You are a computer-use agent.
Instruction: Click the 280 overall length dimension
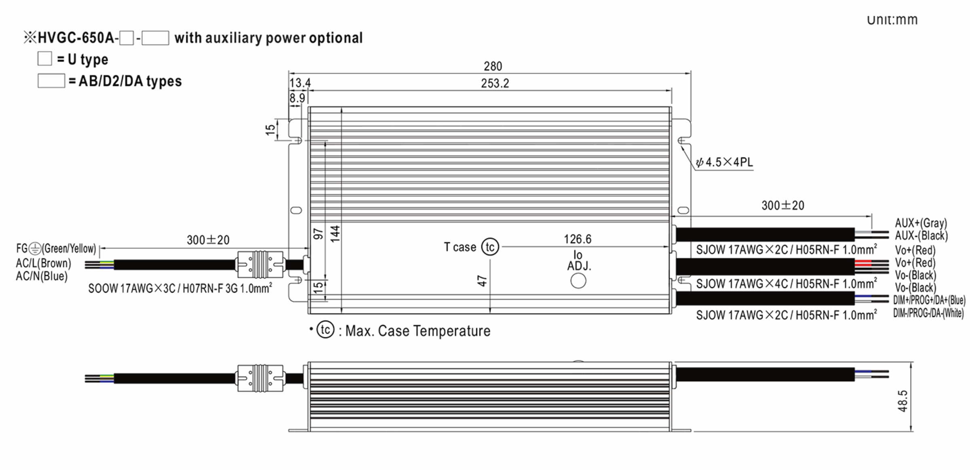[x=493, y=66]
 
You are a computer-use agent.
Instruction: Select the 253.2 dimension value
[x=495, y=83]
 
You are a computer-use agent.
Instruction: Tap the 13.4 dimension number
[x=300, y=83]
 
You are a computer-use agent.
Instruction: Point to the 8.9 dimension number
[x=297, y=98]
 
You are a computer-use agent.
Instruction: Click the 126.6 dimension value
[x=577, y=239]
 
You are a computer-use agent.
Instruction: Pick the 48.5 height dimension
[x=902, y=401]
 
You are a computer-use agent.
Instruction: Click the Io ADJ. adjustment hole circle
[x=578, y=281]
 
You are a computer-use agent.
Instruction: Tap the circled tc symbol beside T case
[x=490, y=247]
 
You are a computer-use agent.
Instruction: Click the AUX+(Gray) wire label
[x=920, y=223]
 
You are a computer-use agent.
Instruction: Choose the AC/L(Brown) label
[x=43, y=263]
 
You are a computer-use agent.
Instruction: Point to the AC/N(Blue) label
[x=42, y=276]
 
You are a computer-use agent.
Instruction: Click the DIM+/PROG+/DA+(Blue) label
[x=929, y=301]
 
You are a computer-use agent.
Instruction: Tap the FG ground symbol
[x=35, y=248]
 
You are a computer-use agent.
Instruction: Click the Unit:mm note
[x=892, y=19]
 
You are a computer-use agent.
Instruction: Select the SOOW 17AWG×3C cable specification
[x=180, y=288]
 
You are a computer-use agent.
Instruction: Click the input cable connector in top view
[x=260, y=265]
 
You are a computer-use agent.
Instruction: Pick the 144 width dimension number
[x=335, y=234]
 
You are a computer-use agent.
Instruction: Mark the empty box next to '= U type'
[x=44, y=59]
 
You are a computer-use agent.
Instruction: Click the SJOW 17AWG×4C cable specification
[x=786, y=284]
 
